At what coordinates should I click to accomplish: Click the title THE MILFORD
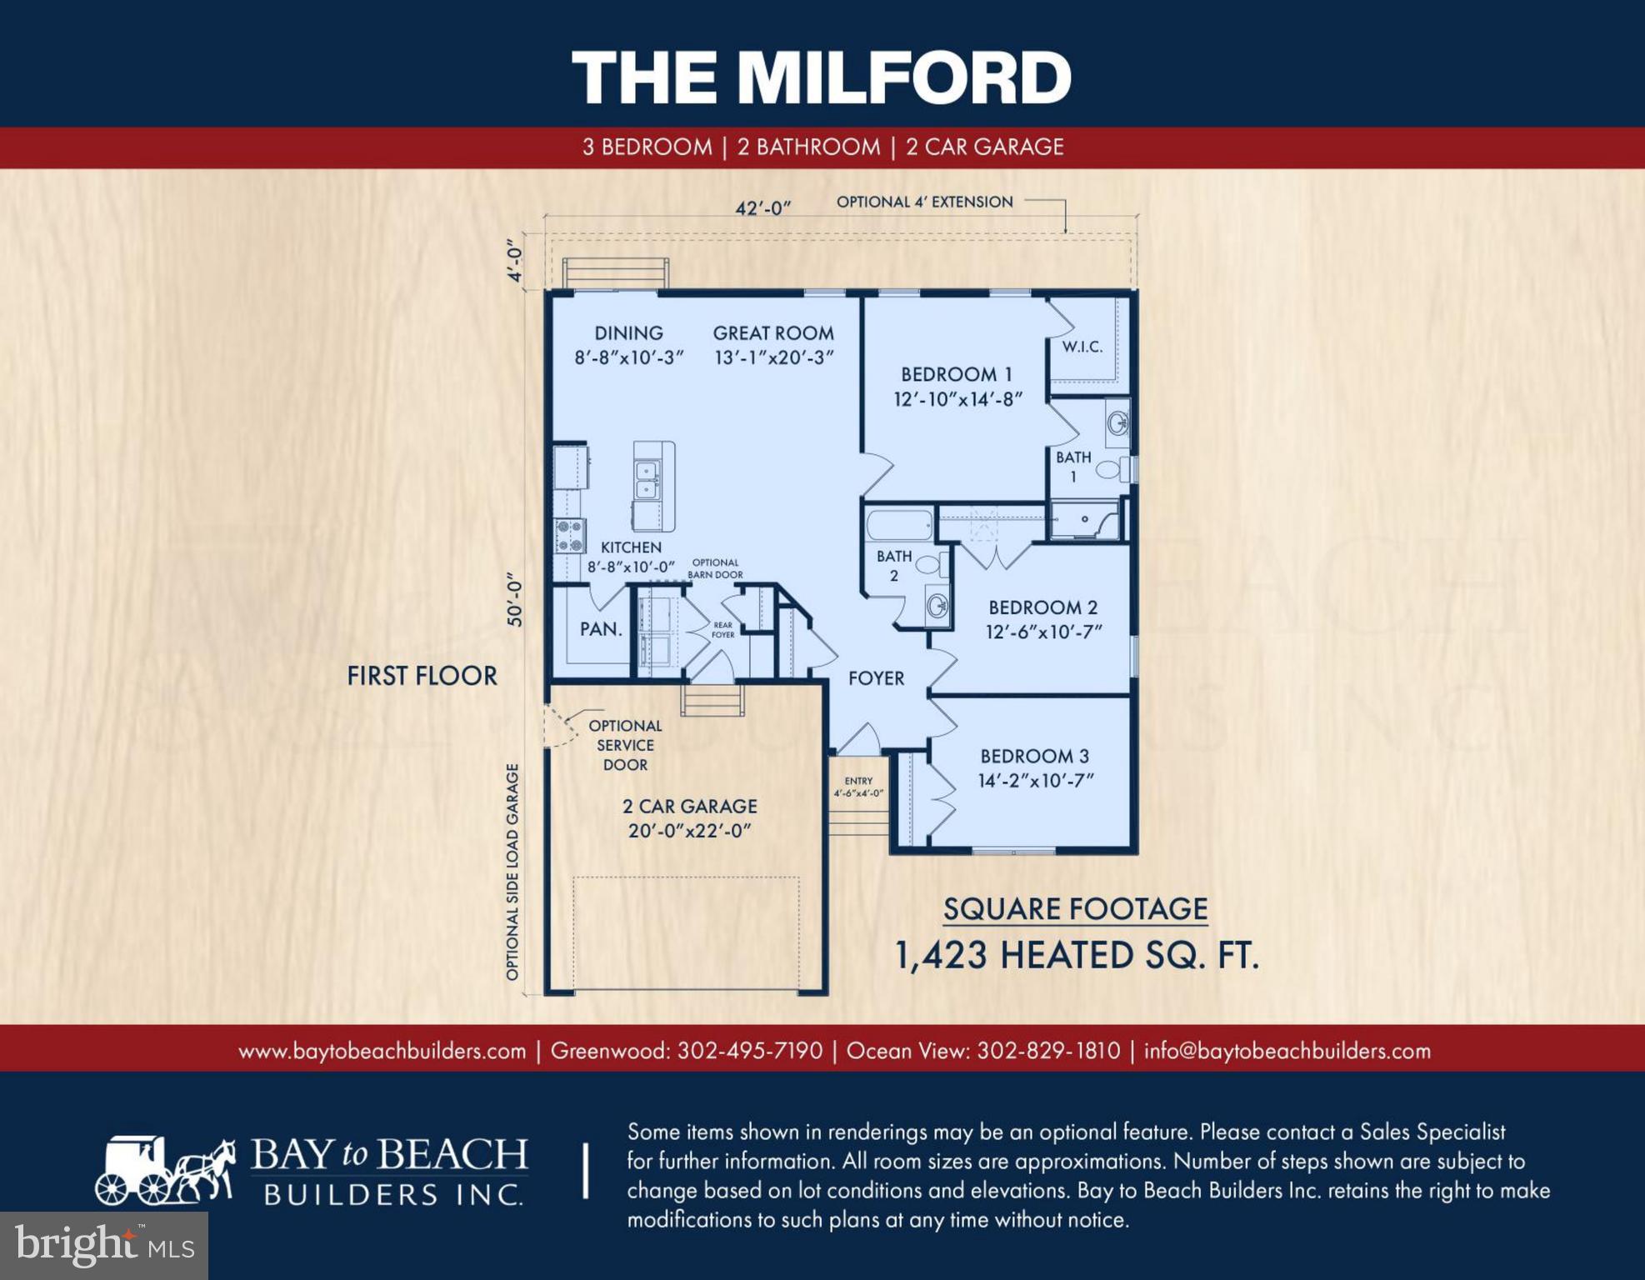point(821,77)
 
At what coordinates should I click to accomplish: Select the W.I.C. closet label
point(1082,347)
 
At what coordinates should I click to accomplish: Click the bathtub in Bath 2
point(899,526)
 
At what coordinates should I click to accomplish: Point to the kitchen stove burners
point(570,536)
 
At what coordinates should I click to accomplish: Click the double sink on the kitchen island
point(647,480)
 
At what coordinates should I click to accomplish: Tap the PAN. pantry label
point(601,629)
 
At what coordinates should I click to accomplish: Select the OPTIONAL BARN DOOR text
point(715,568)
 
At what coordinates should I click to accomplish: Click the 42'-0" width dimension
point(762,207)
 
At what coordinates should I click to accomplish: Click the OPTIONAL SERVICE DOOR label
point(625,745)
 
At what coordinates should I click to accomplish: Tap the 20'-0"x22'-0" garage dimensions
point(689,831)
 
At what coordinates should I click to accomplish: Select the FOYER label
point(876,678)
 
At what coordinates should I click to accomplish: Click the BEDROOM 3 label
point(1034,756)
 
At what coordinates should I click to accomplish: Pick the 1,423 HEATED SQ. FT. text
point(1076,956)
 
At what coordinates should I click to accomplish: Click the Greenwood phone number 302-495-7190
point(749,1051)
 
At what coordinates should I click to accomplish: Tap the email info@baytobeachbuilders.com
point(1287,1051)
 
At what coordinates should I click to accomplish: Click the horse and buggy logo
point(165,1171)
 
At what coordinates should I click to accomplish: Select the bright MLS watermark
point(103,1245)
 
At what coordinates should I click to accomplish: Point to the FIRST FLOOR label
point(422,676)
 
